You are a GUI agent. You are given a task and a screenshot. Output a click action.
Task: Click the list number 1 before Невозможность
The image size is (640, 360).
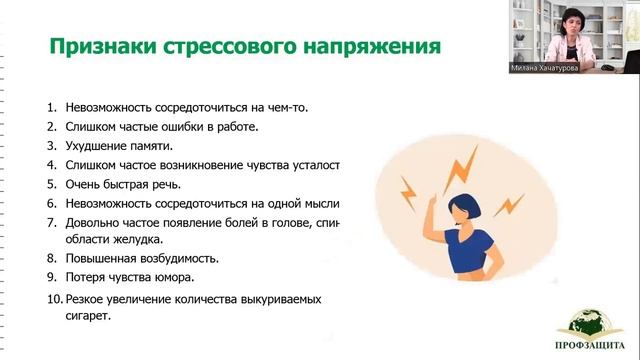click(51, 106)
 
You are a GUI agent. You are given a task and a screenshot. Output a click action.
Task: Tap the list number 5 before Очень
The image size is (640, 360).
click(51, 184)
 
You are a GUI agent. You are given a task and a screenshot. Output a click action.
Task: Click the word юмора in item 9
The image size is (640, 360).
click(168, 277)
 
